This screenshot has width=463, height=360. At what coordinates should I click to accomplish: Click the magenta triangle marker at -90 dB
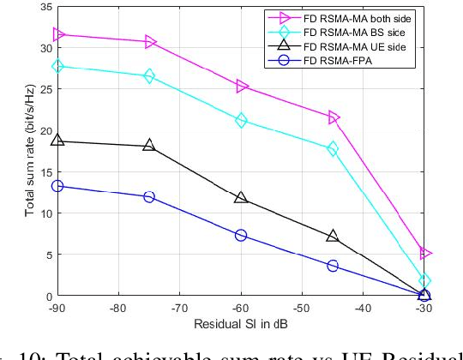coord(58,35)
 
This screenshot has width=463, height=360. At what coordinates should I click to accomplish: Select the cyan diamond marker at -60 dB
coord(241,121)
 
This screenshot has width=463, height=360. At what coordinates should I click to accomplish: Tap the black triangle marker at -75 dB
coord(149,146)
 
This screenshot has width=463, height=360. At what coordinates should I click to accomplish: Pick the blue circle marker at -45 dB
coord(333,266)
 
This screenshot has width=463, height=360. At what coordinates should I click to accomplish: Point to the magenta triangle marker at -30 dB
coord(424,253)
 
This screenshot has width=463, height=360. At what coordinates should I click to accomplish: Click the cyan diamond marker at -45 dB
coord(333,149)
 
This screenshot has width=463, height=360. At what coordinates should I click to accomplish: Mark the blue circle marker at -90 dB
coord(58,186)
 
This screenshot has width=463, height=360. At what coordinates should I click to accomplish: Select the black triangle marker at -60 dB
coord(241,198)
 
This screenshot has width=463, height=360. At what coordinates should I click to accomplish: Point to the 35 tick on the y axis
coord(45,7)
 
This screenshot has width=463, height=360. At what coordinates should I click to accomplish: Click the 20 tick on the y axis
coord(45,130)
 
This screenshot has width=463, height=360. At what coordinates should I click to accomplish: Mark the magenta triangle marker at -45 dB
coord(333,117)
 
